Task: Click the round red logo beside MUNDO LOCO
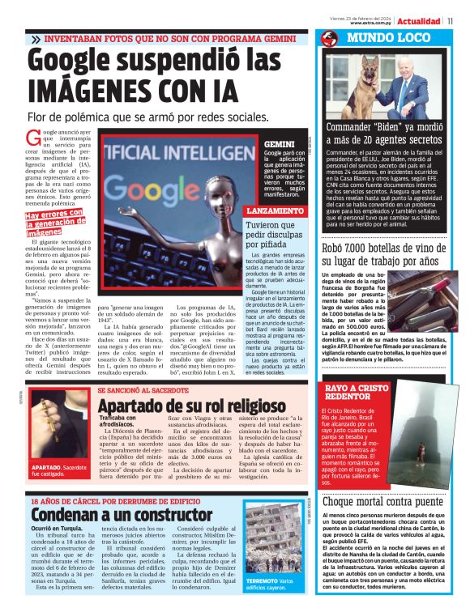pyautogui.click(x=329, y=39)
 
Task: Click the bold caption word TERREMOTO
pyautogui.click(x=263, y=581)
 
